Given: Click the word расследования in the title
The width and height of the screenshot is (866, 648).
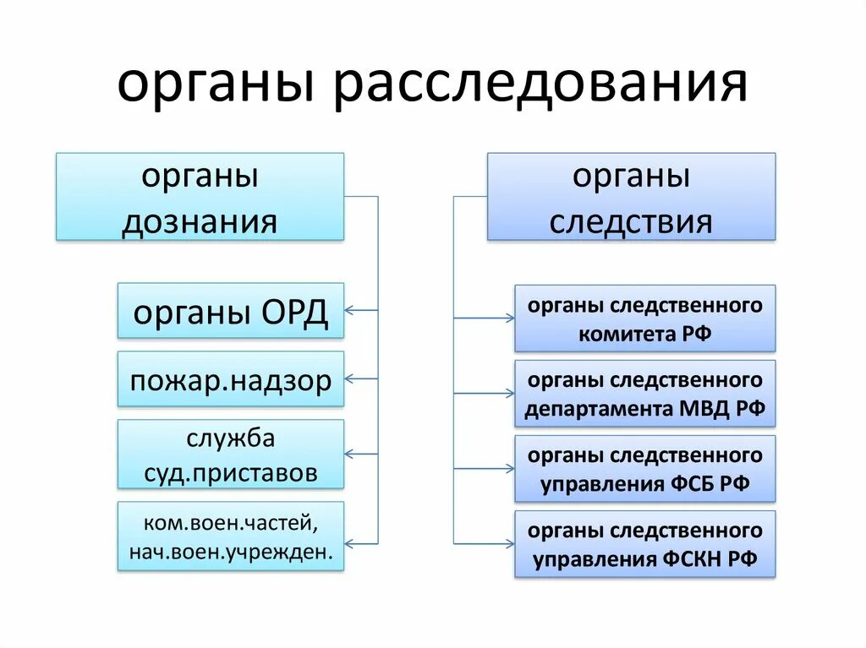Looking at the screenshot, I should point(540,84).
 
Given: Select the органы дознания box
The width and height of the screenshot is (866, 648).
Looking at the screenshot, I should point(200,197).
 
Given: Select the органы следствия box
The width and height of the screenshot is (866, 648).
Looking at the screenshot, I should point(631,197).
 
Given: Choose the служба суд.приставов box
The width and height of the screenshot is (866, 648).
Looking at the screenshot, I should point(231,454).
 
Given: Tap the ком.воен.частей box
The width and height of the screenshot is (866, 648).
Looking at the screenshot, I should point(231,536).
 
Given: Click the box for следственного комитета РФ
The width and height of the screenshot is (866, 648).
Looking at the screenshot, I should point(644,318).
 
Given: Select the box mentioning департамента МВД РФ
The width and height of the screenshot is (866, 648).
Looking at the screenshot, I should point(644,394).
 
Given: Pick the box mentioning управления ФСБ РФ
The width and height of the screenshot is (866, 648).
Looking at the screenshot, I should point(644,469).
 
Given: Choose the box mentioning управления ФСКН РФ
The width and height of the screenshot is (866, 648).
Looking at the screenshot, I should point(644,543).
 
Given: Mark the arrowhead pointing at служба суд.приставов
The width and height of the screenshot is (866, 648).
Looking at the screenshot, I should point(350,454).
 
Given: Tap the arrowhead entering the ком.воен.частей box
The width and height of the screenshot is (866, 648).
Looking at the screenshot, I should point(350,542).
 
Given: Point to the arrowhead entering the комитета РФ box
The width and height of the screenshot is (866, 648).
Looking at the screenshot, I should point(510,318).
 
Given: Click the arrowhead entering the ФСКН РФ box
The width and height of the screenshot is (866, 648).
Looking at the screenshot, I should point(510,543).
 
